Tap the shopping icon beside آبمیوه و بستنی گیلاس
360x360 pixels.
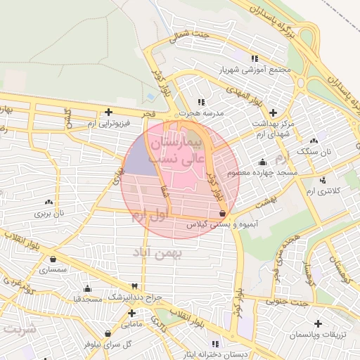point(223,213)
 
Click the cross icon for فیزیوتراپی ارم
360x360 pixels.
point(108,111)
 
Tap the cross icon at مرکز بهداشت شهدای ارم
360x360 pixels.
point(274,112)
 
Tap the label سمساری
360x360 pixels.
point(52,269)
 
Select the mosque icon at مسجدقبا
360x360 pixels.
point(87,288)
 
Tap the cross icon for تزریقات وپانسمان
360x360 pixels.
point(319,323)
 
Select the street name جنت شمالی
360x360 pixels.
point(192,37)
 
